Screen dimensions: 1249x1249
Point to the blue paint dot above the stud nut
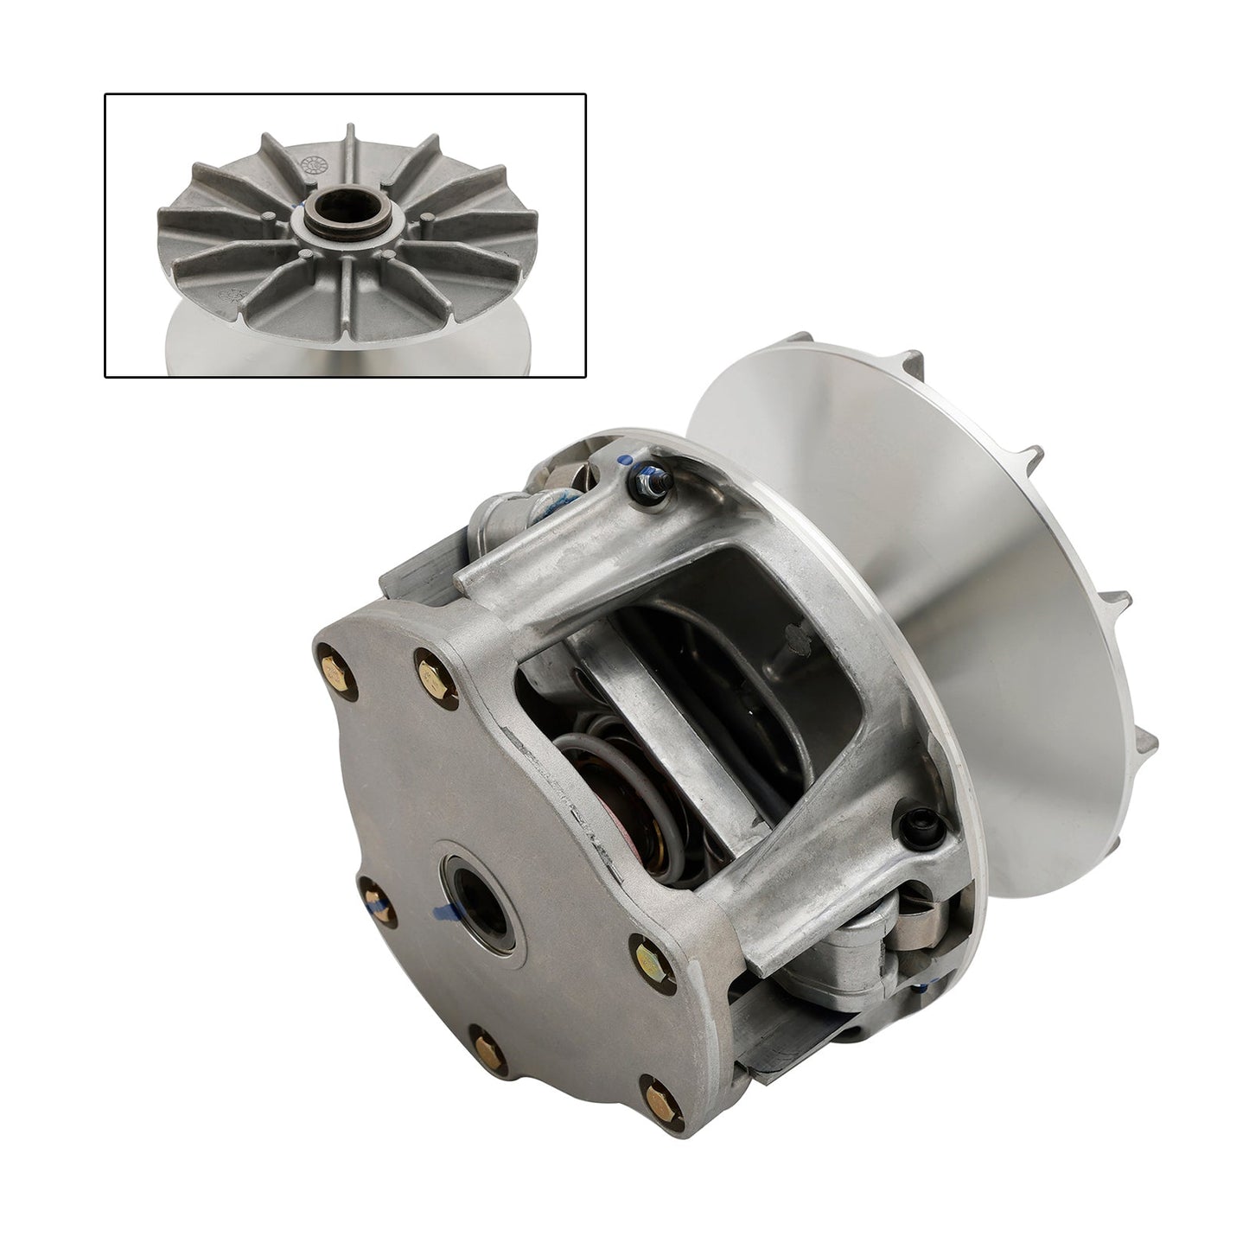click(626, 457)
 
